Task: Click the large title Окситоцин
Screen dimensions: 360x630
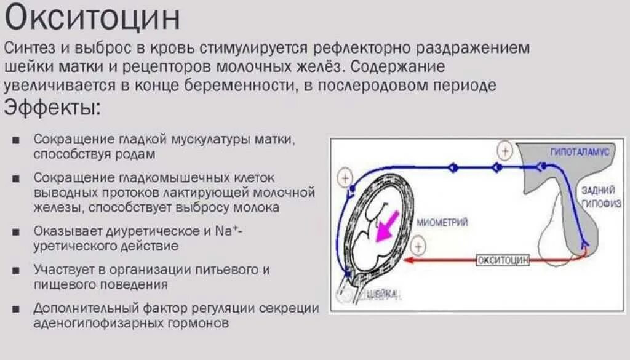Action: (x=92, y=18)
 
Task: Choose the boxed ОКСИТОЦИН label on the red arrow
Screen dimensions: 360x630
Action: (x=503, y=260)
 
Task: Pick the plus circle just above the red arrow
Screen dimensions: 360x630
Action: (x=418, y=246)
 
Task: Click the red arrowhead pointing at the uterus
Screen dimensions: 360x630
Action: (x=409, y=260)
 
